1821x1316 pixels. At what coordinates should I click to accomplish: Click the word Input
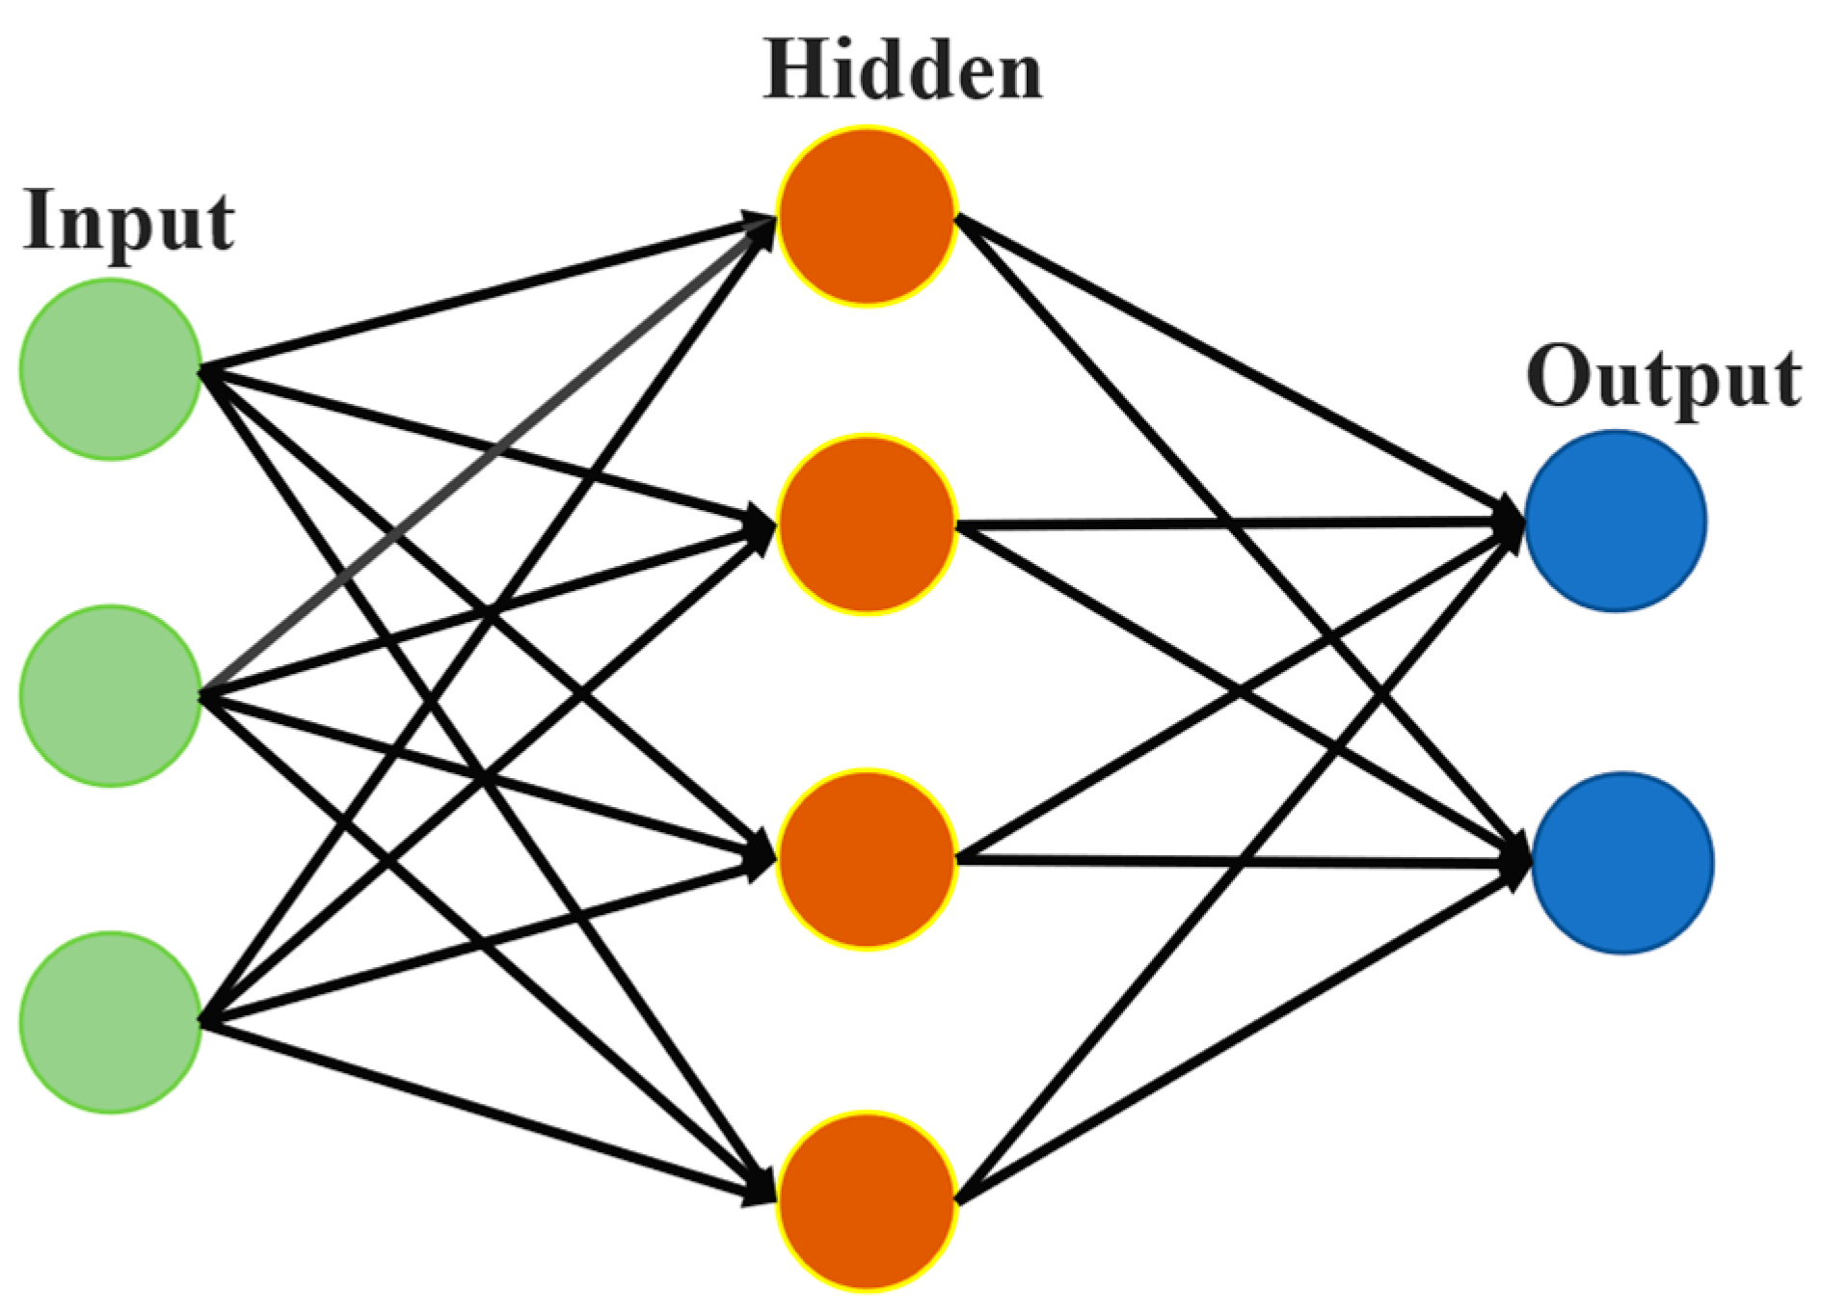pos(128,222)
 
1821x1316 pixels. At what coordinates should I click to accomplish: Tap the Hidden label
pos(902,71)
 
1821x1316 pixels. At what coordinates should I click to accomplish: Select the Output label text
pos(1664,378)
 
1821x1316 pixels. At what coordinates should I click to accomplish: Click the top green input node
pos(110,369)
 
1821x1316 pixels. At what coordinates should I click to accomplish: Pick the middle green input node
pos(110,695)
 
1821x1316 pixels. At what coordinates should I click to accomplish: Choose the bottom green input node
pos(110,1022)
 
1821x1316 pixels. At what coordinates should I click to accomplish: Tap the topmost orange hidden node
pos(867,217)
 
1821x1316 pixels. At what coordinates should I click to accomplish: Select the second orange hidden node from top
pos(867,525)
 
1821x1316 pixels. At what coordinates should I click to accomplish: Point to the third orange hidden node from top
pos(867,859)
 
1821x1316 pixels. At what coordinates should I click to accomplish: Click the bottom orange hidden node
pos(867,1202)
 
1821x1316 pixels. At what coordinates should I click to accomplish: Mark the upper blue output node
pos(1615,521)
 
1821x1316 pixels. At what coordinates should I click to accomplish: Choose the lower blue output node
pos(1621,863)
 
